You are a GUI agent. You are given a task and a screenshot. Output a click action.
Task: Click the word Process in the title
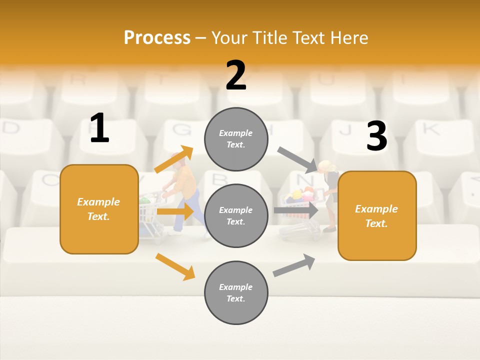click(157, 37)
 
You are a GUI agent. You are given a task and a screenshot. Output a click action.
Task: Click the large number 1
click(99, 128)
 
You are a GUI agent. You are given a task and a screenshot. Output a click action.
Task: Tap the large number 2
click(236, 75)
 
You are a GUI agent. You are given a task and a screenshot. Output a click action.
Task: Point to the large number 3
click(376, 136)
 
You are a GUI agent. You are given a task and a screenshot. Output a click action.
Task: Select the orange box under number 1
click(99, 209)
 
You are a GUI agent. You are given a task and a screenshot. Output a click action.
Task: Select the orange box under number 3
click(377, 215)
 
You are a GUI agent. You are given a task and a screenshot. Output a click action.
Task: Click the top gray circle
click(236, 139)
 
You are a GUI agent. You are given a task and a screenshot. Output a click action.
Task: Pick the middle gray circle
click(236, 215)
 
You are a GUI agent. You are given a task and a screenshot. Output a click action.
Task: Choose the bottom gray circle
click(236, 292)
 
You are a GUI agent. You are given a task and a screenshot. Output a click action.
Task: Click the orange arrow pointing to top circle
click(173, 159)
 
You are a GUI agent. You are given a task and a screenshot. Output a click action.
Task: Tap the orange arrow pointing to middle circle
click(174, 211)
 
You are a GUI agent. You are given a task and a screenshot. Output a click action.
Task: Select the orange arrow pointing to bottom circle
click(175, 266)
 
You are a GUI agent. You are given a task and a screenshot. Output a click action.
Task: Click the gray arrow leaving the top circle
click(297, 159)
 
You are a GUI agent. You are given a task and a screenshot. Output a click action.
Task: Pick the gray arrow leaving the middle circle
click(295, 210)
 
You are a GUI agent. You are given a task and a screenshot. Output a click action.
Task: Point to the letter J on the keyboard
click(345, 130)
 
